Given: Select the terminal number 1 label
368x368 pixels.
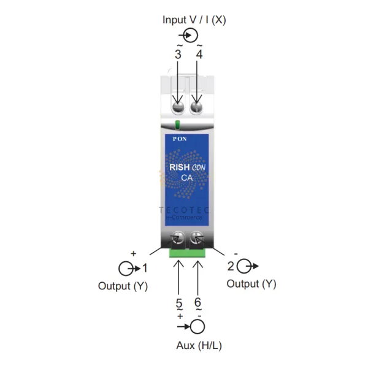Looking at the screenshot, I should [145, 267].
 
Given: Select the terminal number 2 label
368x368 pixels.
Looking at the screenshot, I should [231, 266].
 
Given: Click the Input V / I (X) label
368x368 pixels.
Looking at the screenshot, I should [194, 20].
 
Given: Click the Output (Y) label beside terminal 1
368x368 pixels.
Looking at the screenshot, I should [123, 286].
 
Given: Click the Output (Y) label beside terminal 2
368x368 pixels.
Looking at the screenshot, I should [251, 284].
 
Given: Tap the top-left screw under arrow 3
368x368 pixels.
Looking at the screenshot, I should [178, 108].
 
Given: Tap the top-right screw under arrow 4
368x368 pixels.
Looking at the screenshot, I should [197, 108].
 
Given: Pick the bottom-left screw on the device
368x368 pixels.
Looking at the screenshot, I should [178, 238].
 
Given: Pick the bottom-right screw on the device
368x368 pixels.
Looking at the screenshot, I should [197, 238].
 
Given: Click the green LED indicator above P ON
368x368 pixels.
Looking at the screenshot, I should [178, 126].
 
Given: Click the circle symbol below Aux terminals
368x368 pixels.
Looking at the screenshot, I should [197, 326].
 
